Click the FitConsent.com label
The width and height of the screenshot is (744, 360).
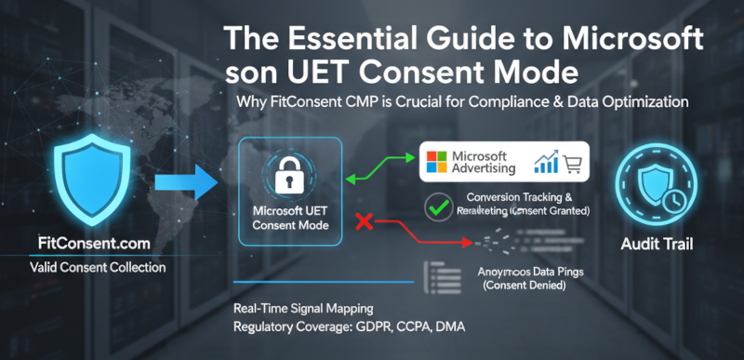[83, 245]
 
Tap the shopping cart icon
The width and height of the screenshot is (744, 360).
[570, 166]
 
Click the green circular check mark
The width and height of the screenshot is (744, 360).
[434, 206]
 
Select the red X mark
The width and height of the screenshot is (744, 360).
[365, 221]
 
